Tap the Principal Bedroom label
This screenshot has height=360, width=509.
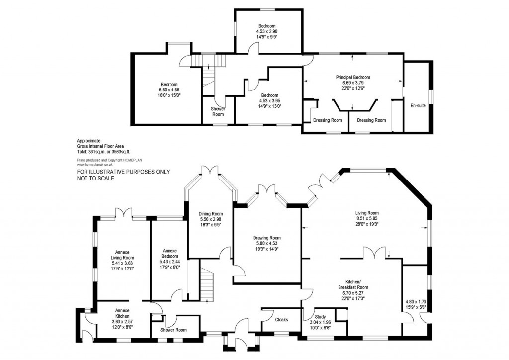click(x=353, y=77)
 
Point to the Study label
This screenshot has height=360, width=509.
click(x=320, y=316)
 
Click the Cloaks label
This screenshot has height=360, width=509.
click(x=282, y=320)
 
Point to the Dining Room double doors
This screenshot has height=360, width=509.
click(x=211, y=171)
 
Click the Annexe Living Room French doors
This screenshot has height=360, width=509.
click(x=123, y=213)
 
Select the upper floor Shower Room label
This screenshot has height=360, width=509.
click(x=218, y=111)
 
